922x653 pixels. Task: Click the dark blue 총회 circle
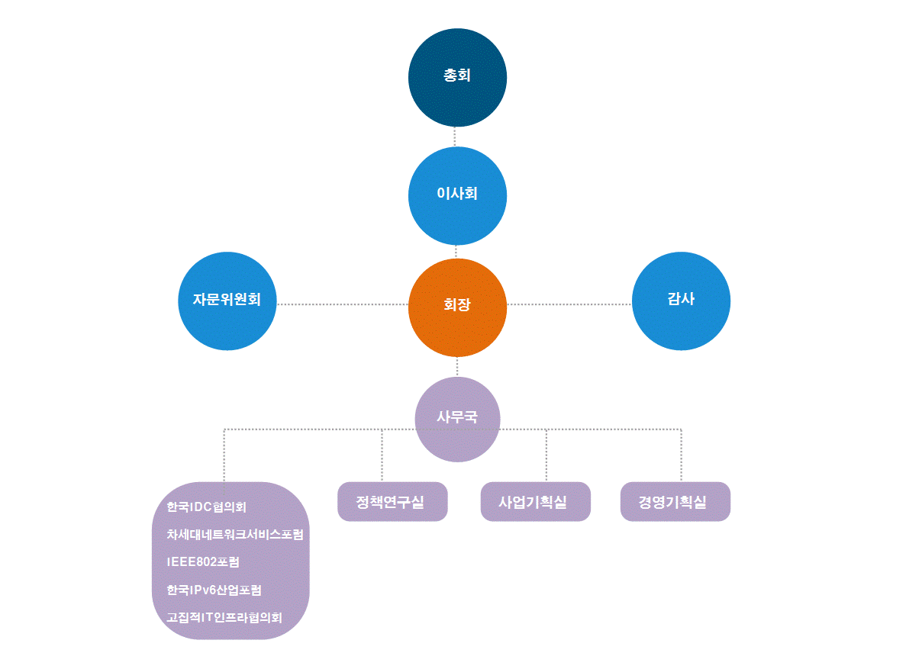point(457,77)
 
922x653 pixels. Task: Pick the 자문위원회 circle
point(227,301)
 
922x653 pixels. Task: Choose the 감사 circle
point(681,301)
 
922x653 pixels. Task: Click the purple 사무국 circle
point(457,419)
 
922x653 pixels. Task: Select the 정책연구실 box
point(392,502)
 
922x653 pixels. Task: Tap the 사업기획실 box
point(535,502)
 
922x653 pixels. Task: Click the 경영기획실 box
point(675,502)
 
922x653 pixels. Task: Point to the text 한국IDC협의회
point(206,507)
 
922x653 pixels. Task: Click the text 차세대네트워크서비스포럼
point(234,535)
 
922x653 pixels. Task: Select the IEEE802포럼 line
point(202,562)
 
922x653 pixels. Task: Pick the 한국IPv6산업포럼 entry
point(214,590)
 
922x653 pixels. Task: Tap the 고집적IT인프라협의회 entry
point(224,617)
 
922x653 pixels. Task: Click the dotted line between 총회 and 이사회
point(455,137)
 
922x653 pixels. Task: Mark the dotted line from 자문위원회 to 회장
point(342,304)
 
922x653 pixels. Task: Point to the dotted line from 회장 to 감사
point(569,304)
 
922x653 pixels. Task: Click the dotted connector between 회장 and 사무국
point(457,367)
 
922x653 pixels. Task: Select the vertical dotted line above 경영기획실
point(681,455)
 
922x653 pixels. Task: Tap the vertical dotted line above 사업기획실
point(546,455)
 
